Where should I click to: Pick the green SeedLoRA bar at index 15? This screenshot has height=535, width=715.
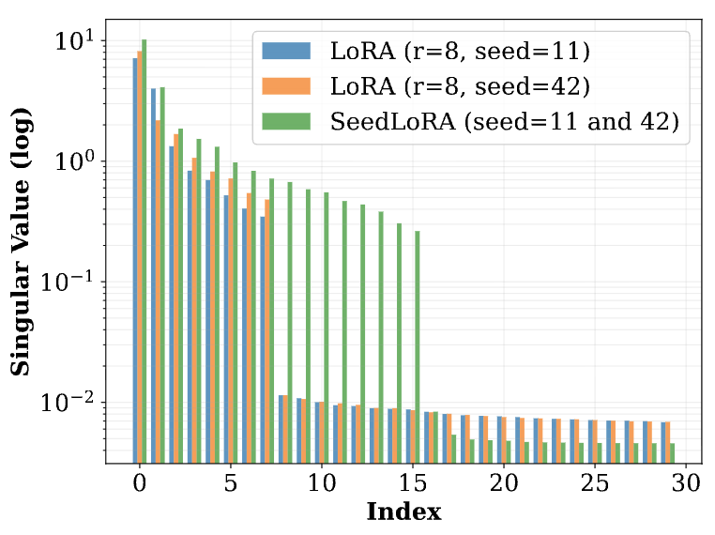(x=418, y=346)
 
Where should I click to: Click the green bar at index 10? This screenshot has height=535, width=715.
(x=327, y=328)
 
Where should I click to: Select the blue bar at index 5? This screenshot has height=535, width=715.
(x=226, y=329)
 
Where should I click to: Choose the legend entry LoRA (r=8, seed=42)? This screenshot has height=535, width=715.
(x=460, y=86)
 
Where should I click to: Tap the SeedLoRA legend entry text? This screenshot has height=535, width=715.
(x=504, y=122)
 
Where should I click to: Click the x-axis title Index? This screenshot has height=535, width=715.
(x=403, y=512)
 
